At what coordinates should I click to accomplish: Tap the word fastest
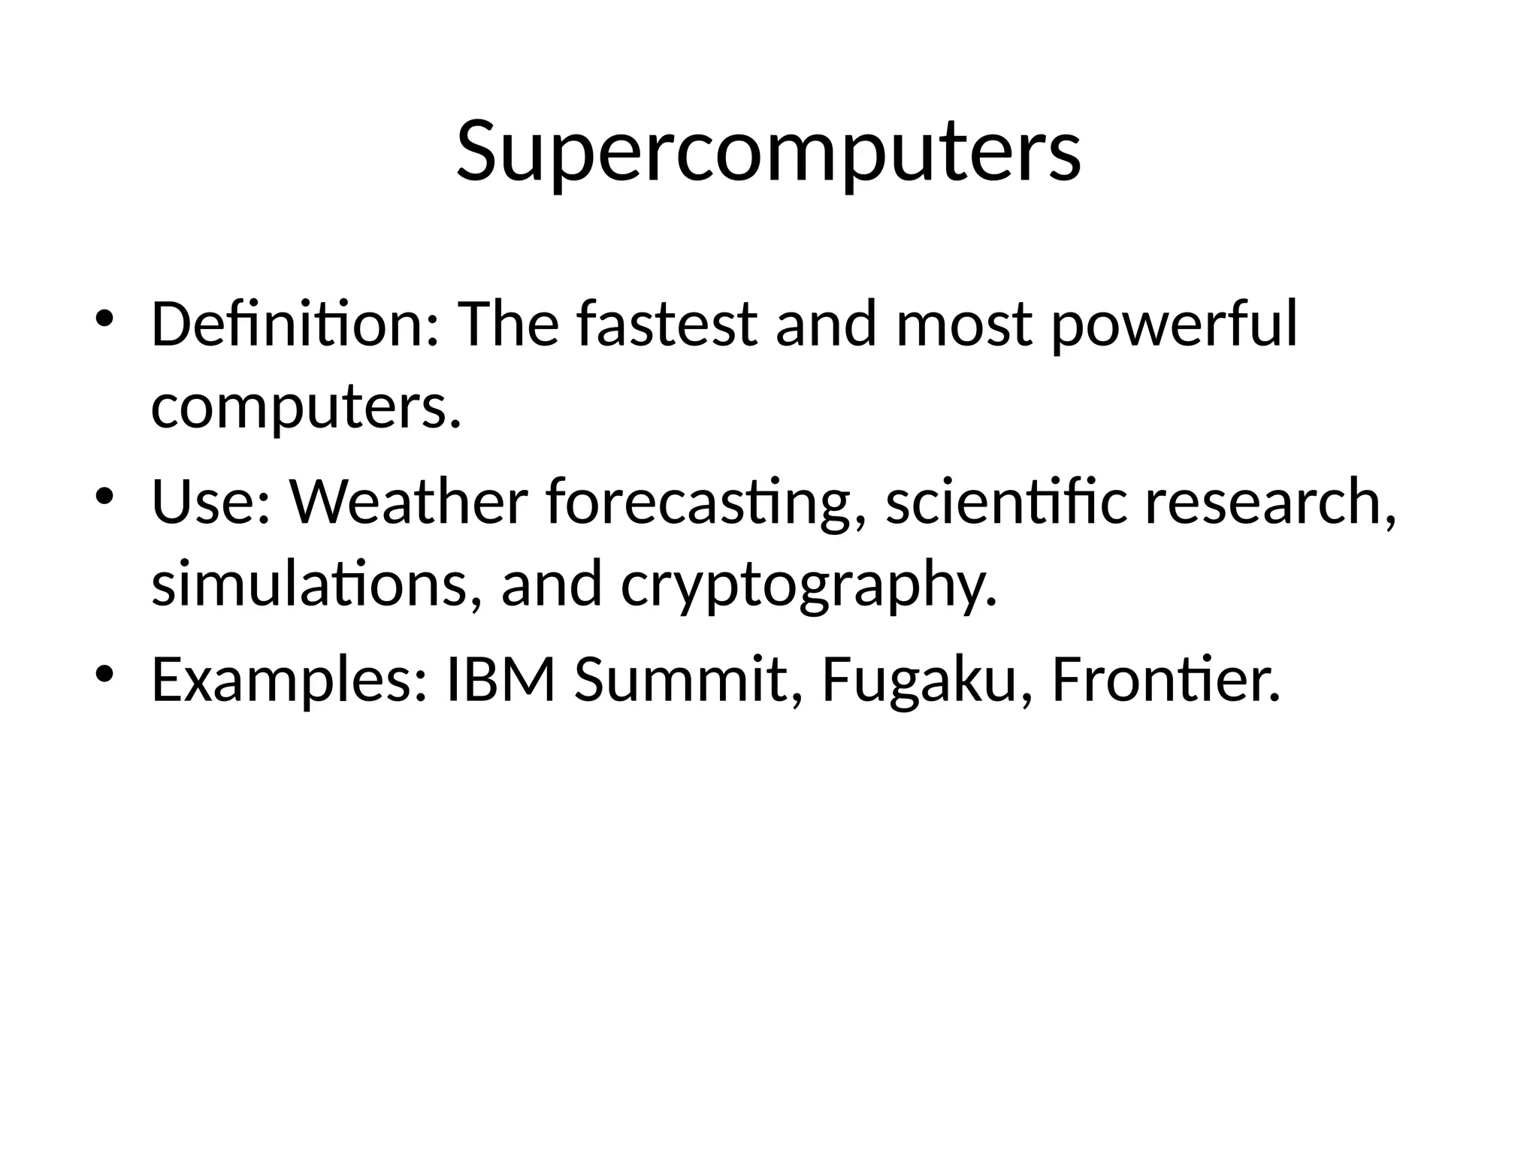667,325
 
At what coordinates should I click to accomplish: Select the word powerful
1173,326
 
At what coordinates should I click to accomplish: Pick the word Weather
409,502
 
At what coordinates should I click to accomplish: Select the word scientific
1006,502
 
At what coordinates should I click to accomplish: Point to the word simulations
316,585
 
